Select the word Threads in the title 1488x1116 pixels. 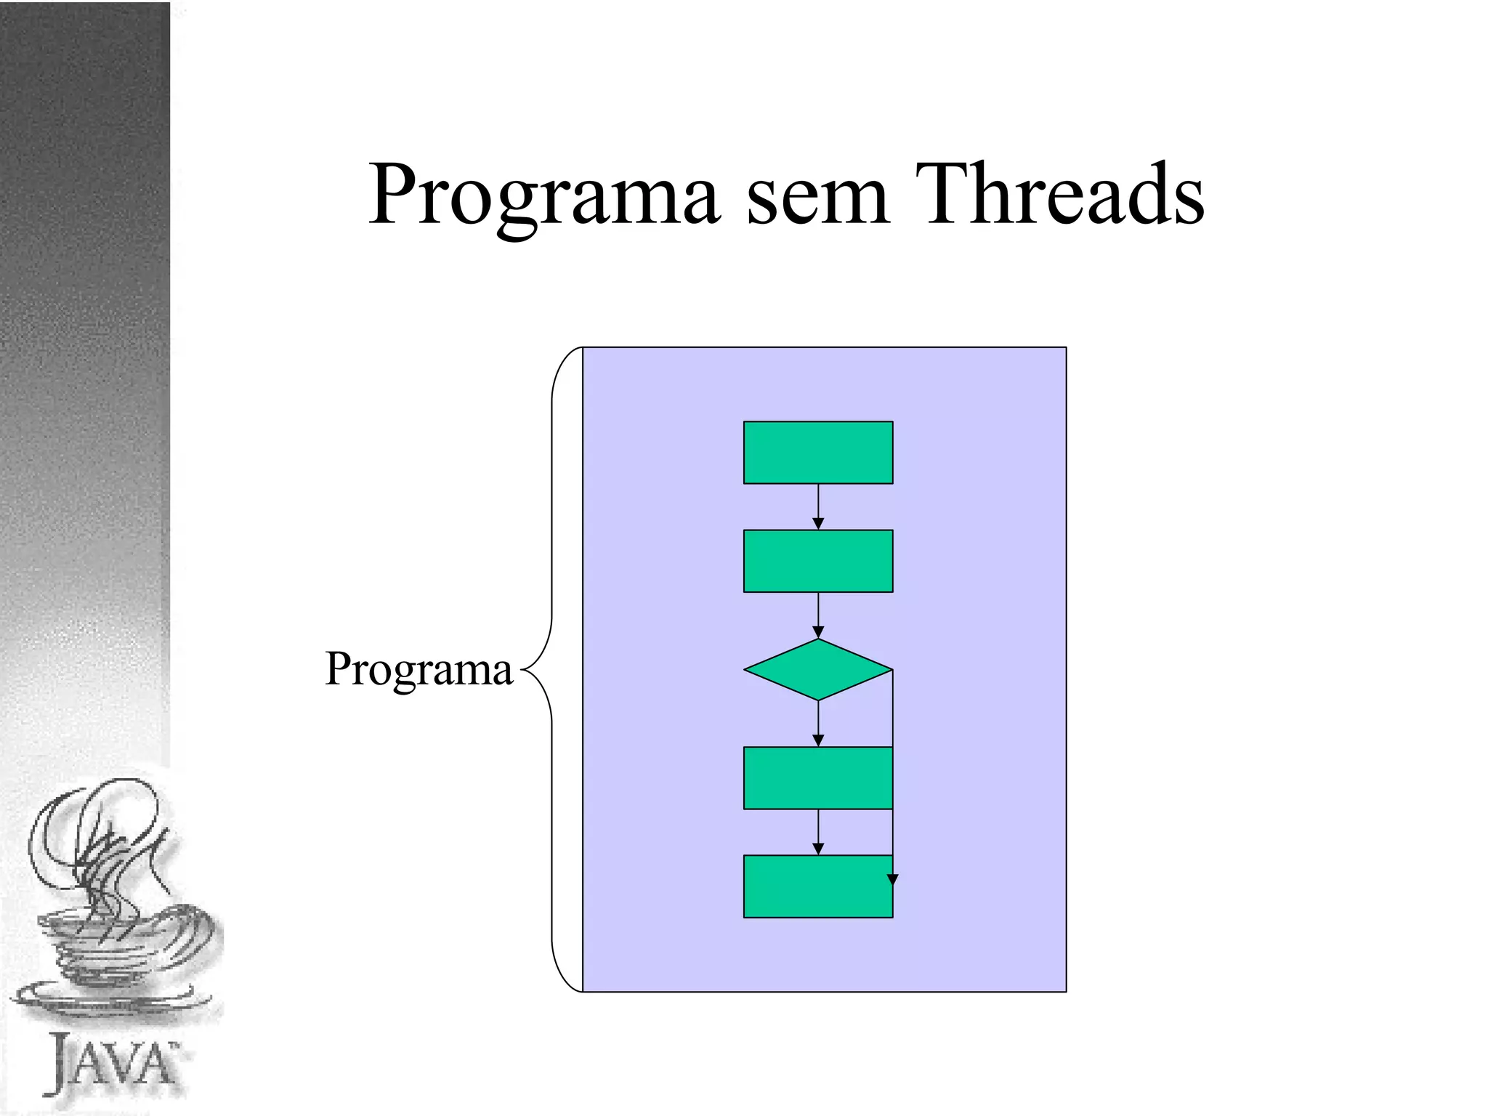(1059, 195)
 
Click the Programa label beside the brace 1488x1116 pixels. (418, 669)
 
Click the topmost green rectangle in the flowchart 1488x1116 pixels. (817, 453)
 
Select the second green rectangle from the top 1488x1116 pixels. (817, 561)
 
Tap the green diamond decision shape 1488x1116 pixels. (817, 669)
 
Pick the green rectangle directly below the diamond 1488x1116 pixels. (817, 778)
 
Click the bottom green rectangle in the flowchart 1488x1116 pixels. (817, 886)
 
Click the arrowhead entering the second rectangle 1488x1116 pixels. (818, 524)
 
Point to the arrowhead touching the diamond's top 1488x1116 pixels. (818, 632)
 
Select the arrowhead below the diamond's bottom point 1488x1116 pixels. (818, 740)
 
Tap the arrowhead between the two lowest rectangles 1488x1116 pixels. (818, 849)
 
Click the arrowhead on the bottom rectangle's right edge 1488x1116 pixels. (893, 880)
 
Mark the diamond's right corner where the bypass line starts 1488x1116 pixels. (892, 669)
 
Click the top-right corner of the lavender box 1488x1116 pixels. (1066, 348)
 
